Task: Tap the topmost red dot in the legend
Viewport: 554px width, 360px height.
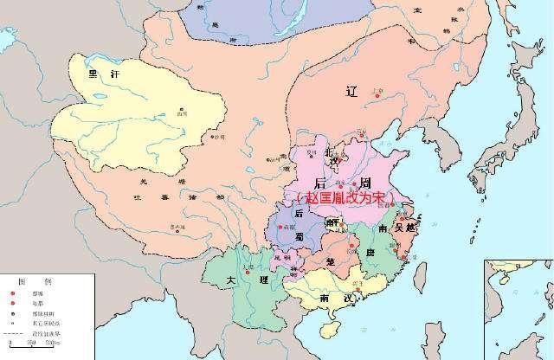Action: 14,292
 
